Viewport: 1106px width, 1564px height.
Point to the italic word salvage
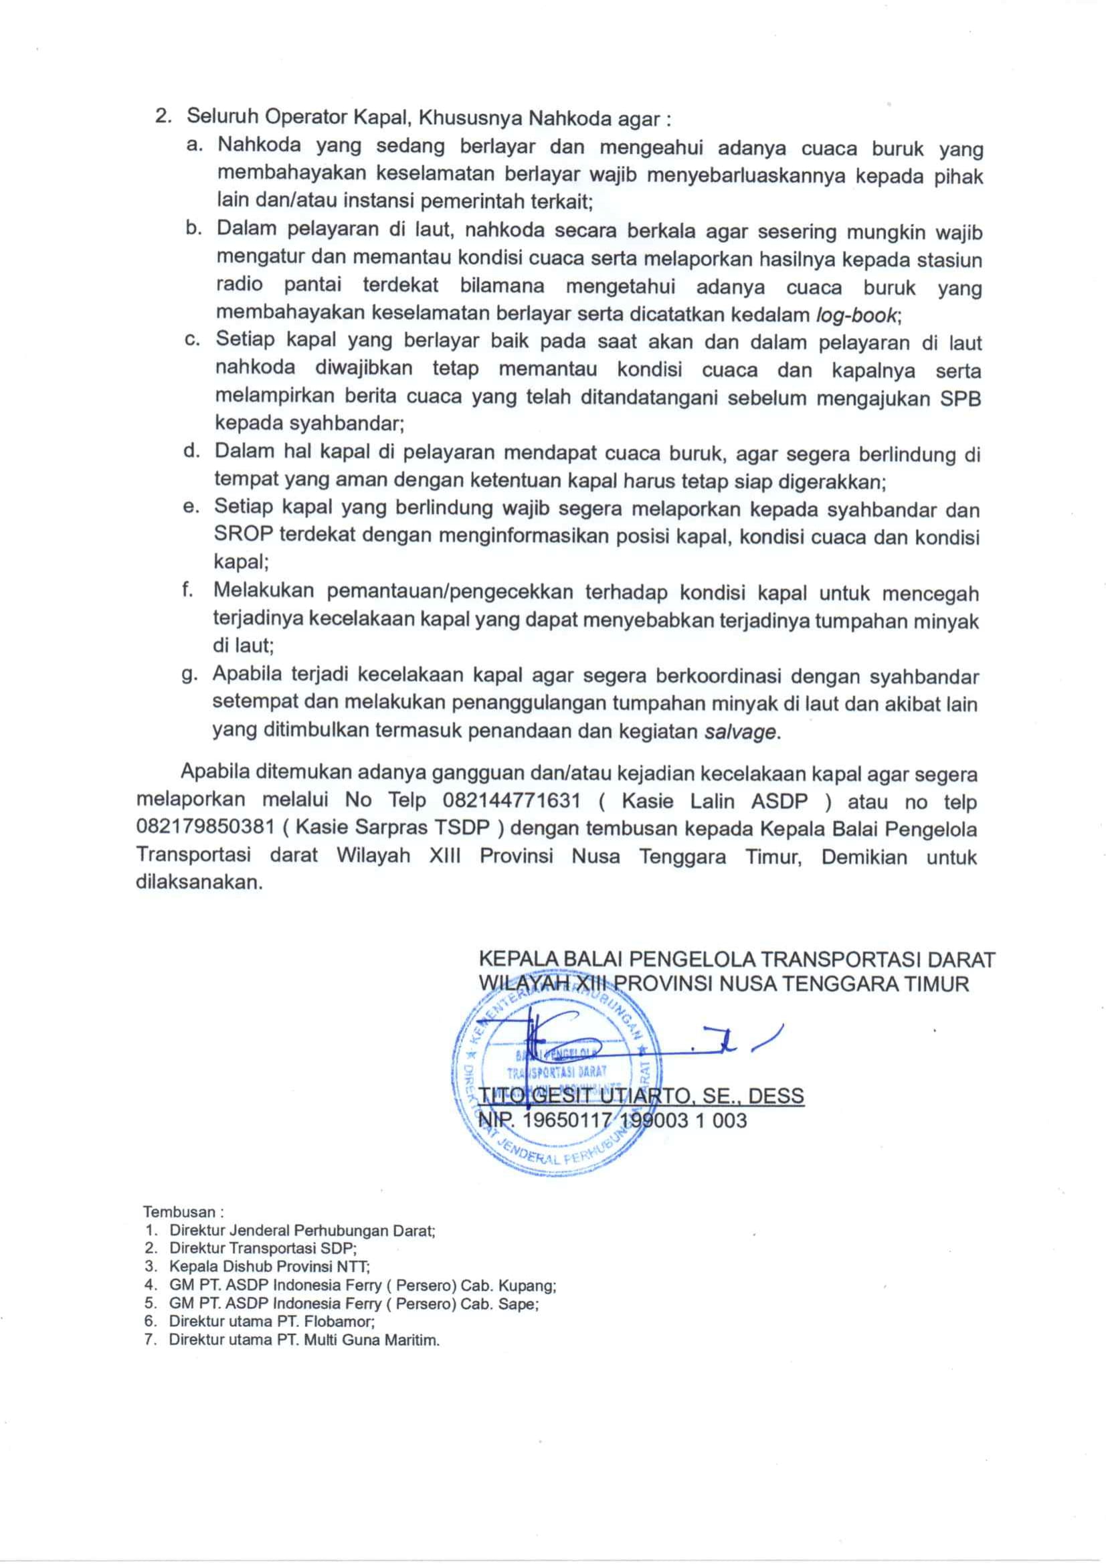coord(739,731)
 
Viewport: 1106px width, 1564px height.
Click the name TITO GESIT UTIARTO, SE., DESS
coord(642,1096)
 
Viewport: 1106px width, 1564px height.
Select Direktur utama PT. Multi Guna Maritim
coord(304,1339)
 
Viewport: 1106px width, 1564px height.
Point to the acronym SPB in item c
coord(960,398)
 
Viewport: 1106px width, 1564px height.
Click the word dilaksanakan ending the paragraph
coord(198,883)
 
